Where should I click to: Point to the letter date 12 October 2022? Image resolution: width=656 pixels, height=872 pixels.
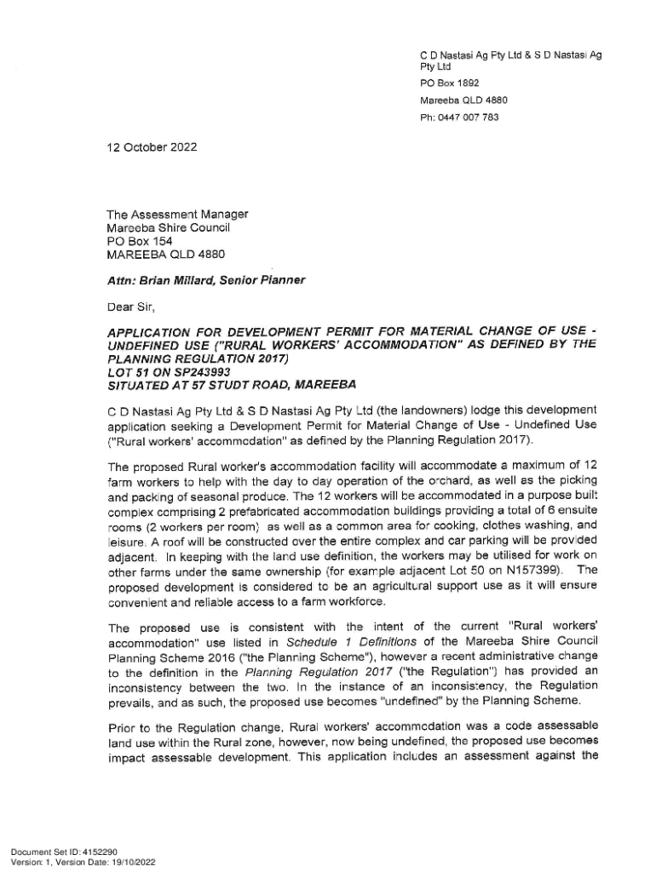(x=152, y=146)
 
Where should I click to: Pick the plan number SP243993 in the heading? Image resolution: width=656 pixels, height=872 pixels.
(x=182, y=371)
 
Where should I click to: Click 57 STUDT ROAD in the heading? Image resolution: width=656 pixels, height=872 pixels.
(x=235, y=385)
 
